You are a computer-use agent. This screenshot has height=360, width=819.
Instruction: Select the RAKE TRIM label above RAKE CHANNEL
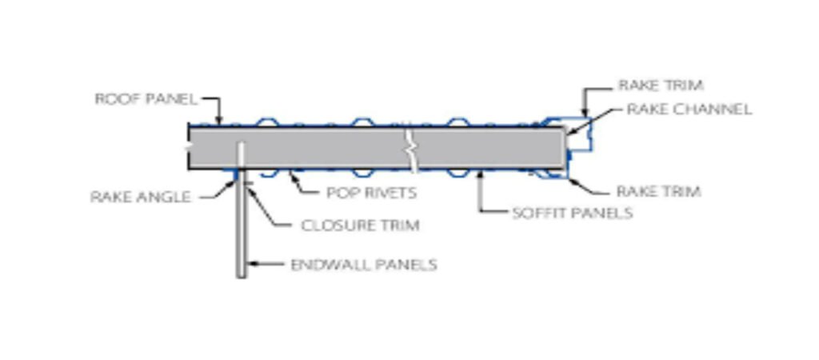[x=661, y=85]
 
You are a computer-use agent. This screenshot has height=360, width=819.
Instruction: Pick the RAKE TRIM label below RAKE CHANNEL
[x=658, y=192]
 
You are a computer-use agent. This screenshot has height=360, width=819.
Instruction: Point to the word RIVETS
[x=390, y=193]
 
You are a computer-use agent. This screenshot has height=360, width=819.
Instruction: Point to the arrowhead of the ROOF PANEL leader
[x=219, y=122]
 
